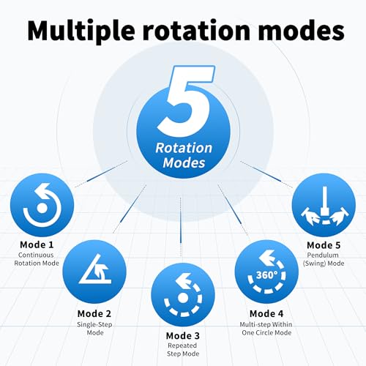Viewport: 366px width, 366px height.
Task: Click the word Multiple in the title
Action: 81,31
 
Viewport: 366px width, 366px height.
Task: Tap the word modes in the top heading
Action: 302,31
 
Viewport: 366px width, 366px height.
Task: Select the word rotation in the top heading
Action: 197,31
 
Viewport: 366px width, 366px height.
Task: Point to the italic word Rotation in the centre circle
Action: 184,148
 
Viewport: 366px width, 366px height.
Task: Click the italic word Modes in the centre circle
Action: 184,163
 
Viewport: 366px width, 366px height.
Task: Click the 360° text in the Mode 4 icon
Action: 266,275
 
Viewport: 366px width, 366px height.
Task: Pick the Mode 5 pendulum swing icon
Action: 324,206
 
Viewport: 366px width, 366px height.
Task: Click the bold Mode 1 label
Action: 37,244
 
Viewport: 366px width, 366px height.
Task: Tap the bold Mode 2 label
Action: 94,314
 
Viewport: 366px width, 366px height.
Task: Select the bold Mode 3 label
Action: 183,336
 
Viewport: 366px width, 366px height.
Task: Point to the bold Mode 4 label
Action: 266,314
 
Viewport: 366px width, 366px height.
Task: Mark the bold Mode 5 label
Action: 324,245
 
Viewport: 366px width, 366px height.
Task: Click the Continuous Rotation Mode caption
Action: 37,259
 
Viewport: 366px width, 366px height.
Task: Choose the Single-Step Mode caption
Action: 94,329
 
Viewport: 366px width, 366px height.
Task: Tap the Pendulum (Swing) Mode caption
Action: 324,259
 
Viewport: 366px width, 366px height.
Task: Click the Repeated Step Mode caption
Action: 183,350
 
